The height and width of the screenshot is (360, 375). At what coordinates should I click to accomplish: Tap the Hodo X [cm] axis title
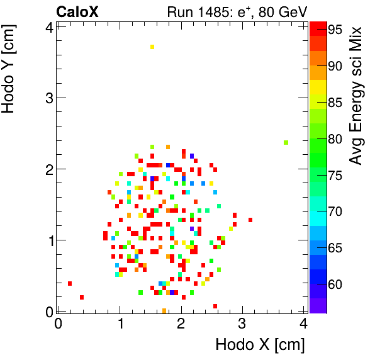[x=260, y=345]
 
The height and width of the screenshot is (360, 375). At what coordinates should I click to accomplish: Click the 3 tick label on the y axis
[x=47, y=98]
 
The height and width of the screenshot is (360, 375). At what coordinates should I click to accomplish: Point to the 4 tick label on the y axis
[x=47, y=26]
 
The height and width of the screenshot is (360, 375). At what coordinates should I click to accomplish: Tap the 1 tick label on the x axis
[x=120, y=324]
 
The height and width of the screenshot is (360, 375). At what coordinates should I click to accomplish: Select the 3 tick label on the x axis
[x=243, y=324]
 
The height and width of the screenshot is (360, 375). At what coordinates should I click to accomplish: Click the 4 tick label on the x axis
[x=304, y=324]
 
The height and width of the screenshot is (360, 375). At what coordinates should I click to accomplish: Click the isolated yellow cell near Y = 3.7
[x=152, y=47]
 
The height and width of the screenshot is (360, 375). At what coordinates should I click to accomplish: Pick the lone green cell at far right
[x=286, y=142]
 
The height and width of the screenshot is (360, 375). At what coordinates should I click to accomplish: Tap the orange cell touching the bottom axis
[x=164, y=310]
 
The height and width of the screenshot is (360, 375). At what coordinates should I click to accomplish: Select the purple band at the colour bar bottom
[x=318, y=305]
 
